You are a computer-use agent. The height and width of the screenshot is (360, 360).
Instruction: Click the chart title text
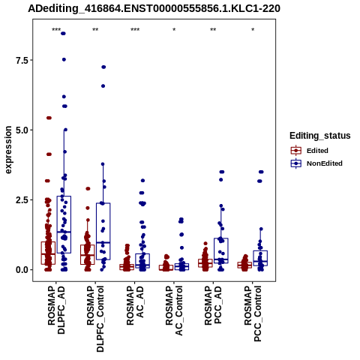click(x=154, y=8)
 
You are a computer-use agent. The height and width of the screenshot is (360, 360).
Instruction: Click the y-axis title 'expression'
click(x=8, y=150)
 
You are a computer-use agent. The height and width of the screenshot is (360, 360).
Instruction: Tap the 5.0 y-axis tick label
click(x=21, y=130)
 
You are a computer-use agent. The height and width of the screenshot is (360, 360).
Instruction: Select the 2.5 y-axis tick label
click(x=21, y=199)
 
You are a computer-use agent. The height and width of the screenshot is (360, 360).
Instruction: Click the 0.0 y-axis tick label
click(x=21, y=270)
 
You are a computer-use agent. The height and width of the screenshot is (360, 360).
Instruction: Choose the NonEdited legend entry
click(x=316, y=163)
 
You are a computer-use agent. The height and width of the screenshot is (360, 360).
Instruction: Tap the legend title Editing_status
click(x=320, y=136)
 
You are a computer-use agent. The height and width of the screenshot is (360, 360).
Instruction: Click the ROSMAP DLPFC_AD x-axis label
click(x=56, y=310)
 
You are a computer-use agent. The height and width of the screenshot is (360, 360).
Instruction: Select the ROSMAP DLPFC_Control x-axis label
click(x=95, y=319)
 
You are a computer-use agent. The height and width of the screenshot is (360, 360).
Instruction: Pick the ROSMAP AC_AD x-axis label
click(x=135, y=305)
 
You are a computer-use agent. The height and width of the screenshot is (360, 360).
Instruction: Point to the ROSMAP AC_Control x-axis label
click(x=174, y=310)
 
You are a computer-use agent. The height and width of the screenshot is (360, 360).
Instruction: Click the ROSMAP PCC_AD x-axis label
click(x=213, y=305)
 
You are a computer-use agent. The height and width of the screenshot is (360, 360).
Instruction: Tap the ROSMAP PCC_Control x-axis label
click(x=253, y=313)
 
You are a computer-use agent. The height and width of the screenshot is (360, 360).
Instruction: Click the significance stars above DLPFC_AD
click(x=56, y=30)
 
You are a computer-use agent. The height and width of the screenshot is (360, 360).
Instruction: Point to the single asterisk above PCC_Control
click(x=253, y=30)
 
